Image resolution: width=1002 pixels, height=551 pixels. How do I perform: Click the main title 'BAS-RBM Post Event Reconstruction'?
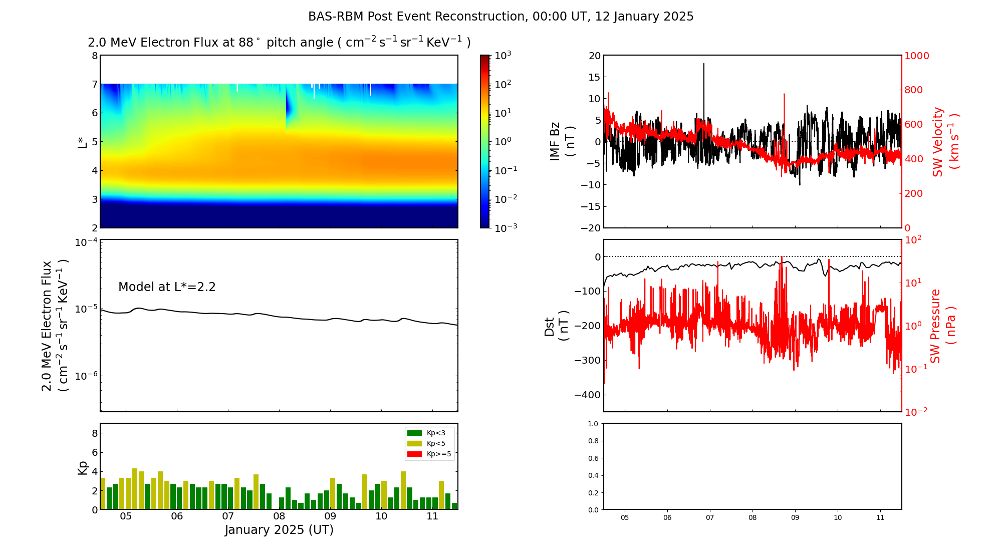pyautogui.click(x=417, y=17)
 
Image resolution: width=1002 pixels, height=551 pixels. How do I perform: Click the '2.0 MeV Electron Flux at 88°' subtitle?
pyautogui.click(x=173, y=43)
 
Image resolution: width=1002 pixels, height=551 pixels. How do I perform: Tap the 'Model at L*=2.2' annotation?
pyautogui.click(x=167, y=287)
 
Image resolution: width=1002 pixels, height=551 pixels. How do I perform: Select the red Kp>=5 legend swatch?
pyautogui.click(x=414, y=454)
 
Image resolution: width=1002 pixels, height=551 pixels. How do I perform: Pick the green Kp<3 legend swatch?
pyautogui.click(x=414, y=433)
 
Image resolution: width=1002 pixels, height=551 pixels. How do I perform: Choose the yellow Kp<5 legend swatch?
pyautogui.click(x=414, y=443)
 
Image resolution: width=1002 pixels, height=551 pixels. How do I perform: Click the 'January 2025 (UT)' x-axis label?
pyautogui.click(x=279, y=530)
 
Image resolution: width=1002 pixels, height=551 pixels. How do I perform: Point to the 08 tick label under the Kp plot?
pyautogui.click(x=279, y=516)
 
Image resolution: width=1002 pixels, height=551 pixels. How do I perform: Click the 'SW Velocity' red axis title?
pyautogui.click(x=937, y=142)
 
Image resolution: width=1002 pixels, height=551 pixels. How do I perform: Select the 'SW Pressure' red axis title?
pyautogui.click(x=935, y=326)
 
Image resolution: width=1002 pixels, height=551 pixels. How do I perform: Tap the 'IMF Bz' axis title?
pyautogui.click(x=555, y=142)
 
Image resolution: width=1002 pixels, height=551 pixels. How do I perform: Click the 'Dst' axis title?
pyautogui.click(x=550, y=326)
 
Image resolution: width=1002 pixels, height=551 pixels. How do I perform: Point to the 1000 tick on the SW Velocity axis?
pyautogui.click(x=916, y=56)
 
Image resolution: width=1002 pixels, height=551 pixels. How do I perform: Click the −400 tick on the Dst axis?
pyautogui.click(x=587, y=395)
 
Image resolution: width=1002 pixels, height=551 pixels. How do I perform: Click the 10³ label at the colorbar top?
pyautogui.click(x=503, y=55)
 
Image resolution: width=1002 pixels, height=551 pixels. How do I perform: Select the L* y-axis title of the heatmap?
pyautogui.click(x=83, y=142)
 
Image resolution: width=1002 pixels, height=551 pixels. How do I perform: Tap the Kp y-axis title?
pyautogui.click(x=83, y=467)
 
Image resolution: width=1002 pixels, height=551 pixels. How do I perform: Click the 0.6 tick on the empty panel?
pyautogui.click(x=593, y=458)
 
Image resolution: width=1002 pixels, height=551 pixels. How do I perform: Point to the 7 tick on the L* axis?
pyautogui.click(x=94, y=84)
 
